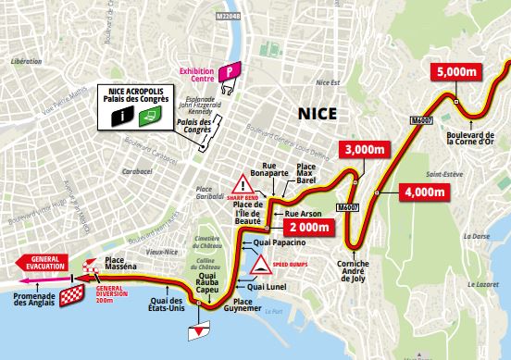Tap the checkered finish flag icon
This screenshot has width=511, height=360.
click(x=70, y=296)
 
